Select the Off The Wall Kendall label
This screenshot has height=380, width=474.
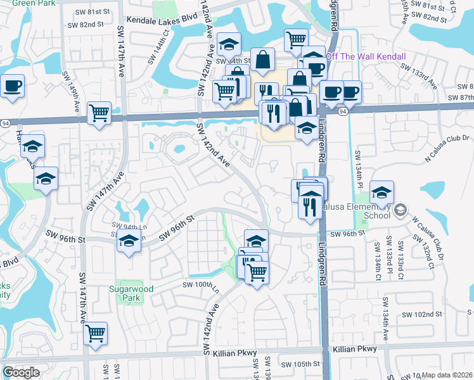tap(365, 56)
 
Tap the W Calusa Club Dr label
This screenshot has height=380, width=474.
tap(425, 229)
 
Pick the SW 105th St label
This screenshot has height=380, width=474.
tap(302, 364)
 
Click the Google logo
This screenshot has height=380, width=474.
tap(21, 372)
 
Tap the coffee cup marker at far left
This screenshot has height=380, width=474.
tap(11, 85)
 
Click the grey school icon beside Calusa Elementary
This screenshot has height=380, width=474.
tap(400, 210)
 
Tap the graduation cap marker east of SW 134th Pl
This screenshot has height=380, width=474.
tap(381, 192)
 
